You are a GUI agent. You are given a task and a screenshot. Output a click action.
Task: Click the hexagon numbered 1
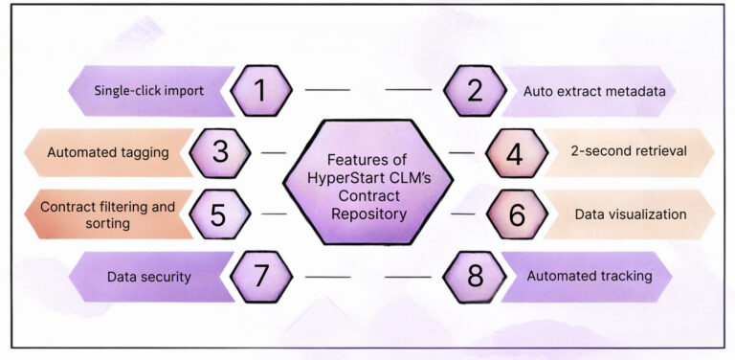(x=260, y=91)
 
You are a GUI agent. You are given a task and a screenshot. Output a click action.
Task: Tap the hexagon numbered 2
(x=474, y=91)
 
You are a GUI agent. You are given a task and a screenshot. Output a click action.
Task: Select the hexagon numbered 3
(x=220, y=153)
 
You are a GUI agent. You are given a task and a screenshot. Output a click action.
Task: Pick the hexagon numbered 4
(x=514, y=153)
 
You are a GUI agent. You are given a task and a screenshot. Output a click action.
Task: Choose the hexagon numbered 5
(x=220, y=214)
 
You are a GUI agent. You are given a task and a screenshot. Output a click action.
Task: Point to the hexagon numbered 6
(x=516, y=214)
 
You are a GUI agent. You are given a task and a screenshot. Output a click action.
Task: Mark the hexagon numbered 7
(x=260, y=277)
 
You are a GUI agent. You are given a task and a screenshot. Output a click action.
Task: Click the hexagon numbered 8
(x=474, y=277)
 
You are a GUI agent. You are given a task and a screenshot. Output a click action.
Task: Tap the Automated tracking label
(x=590, y=277)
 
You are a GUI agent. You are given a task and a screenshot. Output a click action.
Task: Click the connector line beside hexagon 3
(x=274, y=153)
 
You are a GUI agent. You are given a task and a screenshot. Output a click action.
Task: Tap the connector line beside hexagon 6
(x=463, y=214)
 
